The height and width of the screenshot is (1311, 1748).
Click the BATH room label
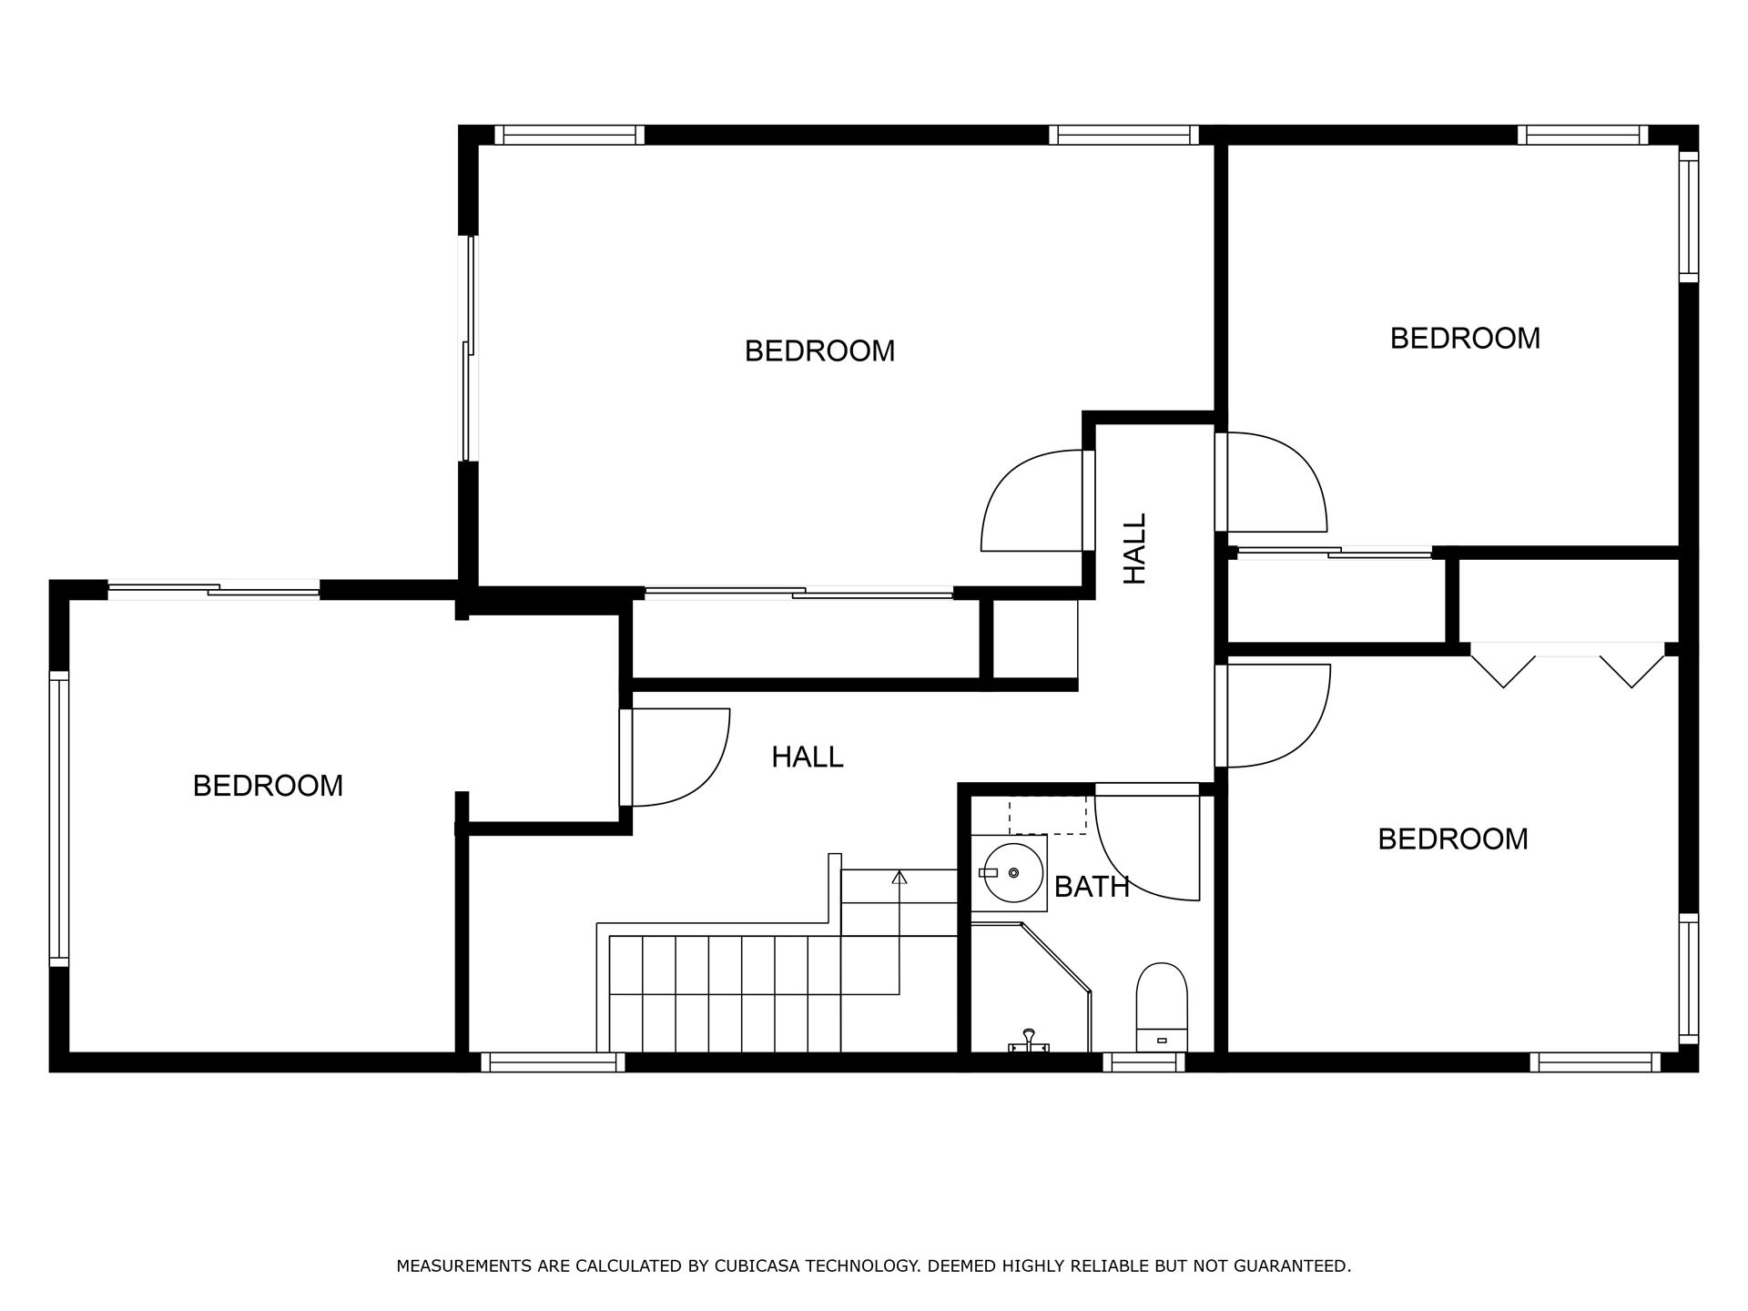1092,887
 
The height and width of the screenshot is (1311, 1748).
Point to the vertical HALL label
1134,548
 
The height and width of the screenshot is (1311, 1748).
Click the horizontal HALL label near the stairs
807,757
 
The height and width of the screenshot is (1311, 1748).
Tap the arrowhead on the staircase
899,878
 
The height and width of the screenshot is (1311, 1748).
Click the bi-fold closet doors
1568,665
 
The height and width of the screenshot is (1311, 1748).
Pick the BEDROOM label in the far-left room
268,786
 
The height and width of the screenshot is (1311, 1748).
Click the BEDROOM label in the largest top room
819,351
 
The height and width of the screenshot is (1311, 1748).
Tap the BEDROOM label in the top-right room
1465,339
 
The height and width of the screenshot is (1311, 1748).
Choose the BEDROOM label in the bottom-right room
1452,839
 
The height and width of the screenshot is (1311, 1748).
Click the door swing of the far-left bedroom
678,757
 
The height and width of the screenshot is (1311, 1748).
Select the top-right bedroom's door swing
1275,483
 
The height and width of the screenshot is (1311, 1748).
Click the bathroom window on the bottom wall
1143,1062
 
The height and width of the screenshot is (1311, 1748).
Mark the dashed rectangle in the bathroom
1047,815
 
